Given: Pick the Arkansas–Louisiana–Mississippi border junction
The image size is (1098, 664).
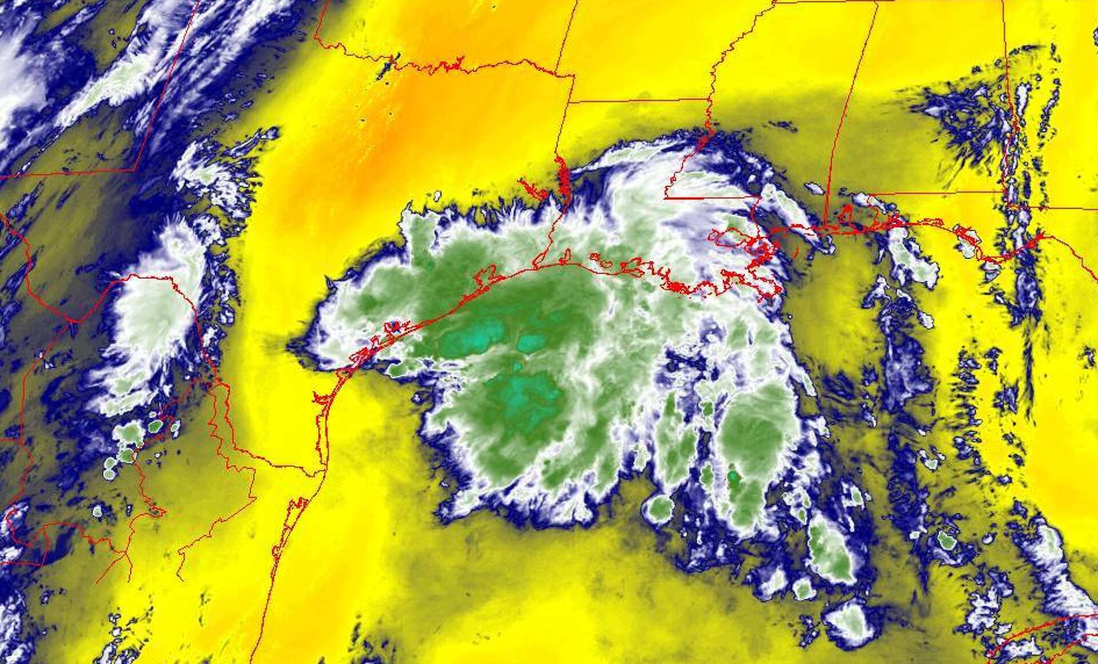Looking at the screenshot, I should [709, 99].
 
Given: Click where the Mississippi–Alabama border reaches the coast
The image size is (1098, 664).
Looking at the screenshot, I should [826, 226].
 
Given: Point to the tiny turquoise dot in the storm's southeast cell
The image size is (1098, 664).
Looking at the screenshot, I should [733, 475].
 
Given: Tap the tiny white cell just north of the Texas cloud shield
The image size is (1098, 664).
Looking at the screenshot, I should [437, 195].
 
